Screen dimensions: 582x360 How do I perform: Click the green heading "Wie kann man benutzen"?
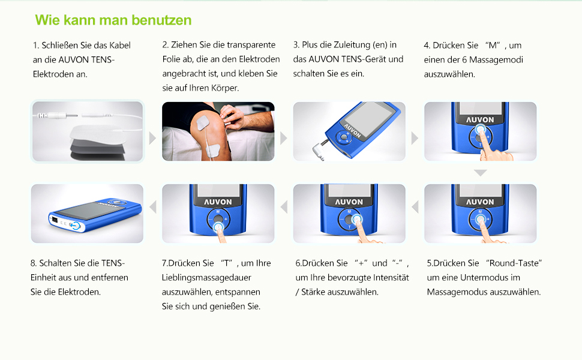[x=113, y=20]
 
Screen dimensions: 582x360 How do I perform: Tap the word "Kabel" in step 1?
[x=120, y=45]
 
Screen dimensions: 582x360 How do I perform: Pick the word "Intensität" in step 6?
[x=391, y=278]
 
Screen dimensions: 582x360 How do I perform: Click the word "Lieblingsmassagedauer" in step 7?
[x=206, y=278]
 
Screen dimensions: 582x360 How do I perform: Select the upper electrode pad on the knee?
[x=203, y=122]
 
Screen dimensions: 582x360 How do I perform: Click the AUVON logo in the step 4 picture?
[x=480, y=120]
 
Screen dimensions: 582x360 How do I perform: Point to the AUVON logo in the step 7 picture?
[x=218, y=202]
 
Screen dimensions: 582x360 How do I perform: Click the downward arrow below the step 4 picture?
[x=480, y=173]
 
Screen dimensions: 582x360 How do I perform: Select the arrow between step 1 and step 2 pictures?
[x=152, y=138]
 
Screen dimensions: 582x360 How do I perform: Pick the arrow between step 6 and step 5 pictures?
[x=415, y=207]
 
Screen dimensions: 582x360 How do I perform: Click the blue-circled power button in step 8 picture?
[x=76, y=226]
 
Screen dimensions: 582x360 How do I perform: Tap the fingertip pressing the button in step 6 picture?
[x=358, y=220]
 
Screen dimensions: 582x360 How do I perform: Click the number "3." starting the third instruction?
[x=296, y=45]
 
